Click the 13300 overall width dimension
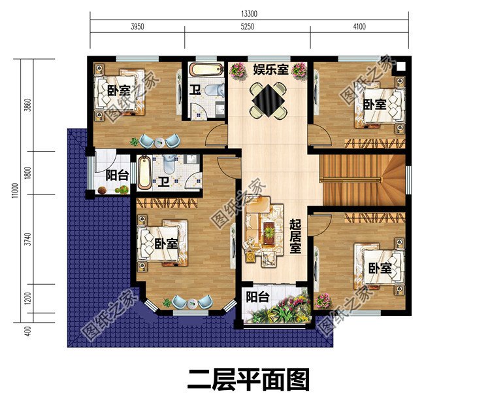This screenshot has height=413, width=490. coord(248,13)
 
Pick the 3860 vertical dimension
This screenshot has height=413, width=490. coord(27,106)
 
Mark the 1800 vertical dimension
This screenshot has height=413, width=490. coord(27,173)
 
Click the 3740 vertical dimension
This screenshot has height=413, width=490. coord(27,239)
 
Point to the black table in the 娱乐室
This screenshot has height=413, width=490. coord(268,100)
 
